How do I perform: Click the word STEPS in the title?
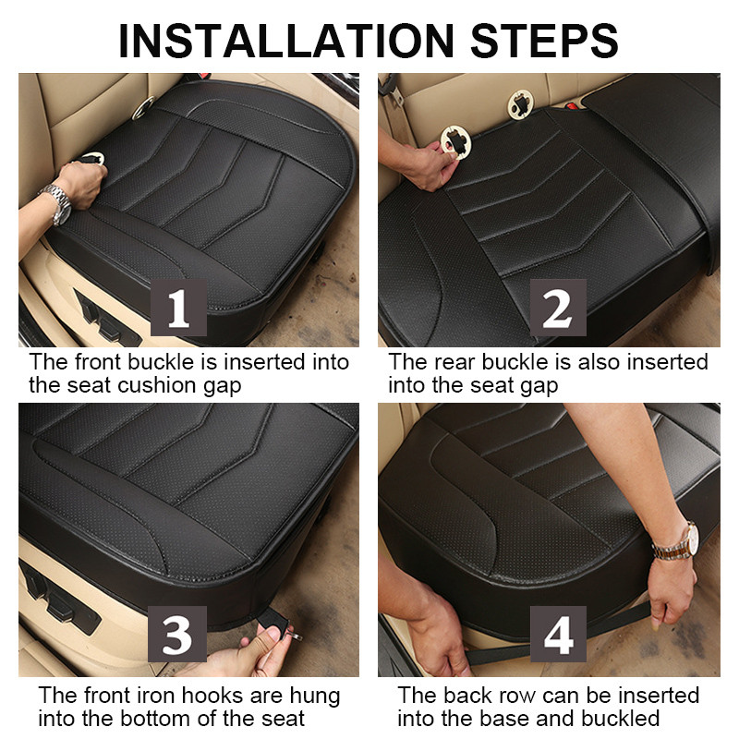pos(544,41)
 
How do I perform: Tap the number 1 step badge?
pos(178,308)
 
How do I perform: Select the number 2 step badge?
pos(558,308)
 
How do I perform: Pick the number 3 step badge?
pos(177,634)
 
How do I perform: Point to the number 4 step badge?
pos(558,634)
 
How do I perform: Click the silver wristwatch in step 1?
pos(57,203)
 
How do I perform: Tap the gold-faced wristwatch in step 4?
pos(678,542)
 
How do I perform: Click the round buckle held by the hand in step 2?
pos(455,141)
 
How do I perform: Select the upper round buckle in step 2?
pos(520,104)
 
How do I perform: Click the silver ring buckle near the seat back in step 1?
pos(143,108)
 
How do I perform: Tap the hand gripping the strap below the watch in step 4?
pos(671,591)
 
